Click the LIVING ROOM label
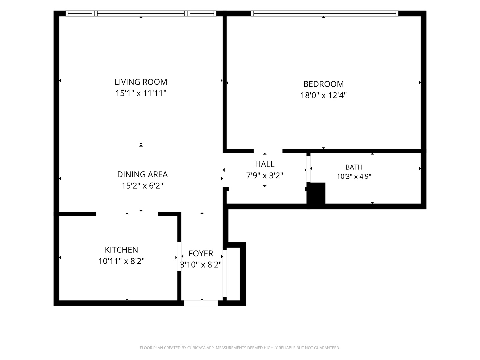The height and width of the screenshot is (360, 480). click(x=141, y=82)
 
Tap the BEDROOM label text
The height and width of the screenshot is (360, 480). click(x=323, y=84)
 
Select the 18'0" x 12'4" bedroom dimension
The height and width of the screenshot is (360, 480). click(x=323, y=96)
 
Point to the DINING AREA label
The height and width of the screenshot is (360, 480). click(x=142, y=174)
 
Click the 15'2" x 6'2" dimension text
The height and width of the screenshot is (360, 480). click(x=142, y=186)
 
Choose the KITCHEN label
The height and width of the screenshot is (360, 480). click(x=121, y=250)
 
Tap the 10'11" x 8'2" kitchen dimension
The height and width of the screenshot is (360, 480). click(x=121, y=261)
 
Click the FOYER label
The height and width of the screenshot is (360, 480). click(x=201, y=254)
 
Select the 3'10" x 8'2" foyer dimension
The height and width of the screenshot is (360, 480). click(x=201, y=265)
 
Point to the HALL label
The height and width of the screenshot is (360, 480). click(x=265, y=164)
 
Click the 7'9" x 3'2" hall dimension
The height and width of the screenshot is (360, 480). click(x=265, y=176)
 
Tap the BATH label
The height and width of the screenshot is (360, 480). click(x=354, y=167)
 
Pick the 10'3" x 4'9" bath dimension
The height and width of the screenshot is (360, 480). click(x=354, y=176)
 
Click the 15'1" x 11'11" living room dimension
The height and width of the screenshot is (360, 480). click(x=141, y=93)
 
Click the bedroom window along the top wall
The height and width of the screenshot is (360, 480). click(x=325, y=13)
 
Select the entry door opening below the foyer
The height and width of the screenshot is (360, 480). click(x=201, y=303)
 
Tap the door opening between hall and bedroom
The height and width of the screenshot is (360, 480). click(x=268, y=151)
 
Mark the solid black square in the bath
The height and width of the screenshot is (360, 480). click(x=316, y=193)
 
